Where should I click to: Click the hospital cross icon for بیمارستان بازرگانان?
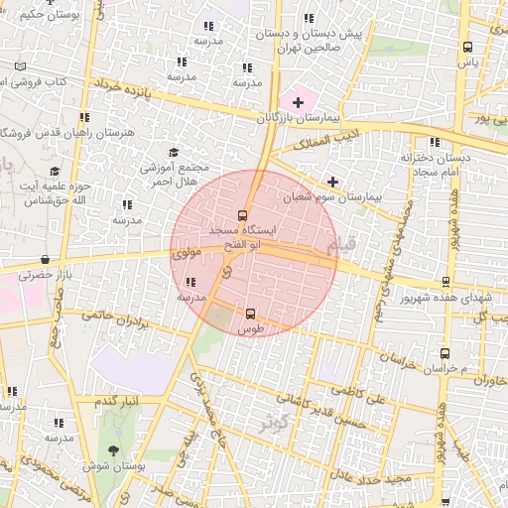pyautogui.click(x=298, y=102)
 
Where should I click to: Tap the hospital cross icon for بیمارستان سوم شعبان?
pyautogui.click(x=332, y=182)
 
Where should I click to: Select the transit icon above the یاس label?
pyautogui.click(x=467, y=47)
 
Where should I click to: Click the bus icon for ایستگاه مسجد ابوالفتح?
pyautogui.click(x=243, y=214)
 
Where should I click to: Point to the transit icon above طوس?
pyautogui.click(x=249, y=313)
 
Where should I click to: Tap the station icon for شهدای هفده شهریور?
pyautogui.click(x=445, y=282)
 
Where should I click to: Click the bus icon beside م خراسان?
pyautogui.click(x=444, y=352)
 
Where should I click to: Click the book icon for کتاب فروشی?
pyautogui.click(x=21, y=67)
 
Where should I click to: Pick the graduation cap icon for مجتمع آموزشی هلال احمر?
pyautogui.click(x=174, y=153)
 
